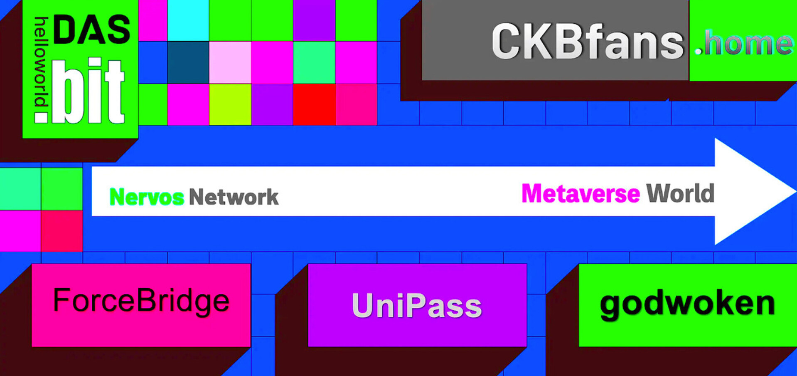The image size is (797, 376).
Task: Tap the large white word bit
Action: (x=88, y=91)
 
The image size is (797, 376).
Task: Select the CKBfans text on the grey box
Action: (x=588, y=42)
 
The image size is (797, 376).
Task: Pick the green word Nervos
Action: (x=146, y=197)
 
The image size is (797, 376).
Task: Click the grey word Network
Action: (x=234, y=197)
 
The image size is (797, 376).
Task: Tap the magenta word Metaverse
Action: (x=581, y=193)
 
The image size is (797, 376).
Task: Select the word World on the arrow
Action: (x=680, y=193)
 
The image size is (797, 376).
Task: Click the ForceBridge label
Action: (x=141, y=302)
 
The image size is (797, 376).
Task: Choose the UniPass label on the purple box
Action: (x=417, y=306)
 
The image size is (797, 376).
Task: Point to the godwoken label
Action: (x=688, y=305)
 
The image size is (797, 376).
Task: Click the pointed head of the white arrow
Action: (x=795, y=191)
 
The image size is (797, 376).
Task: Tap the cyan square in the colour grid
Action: (x=188, y=20)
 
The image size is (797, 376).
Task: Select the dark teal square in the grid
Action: (x=188, y=62)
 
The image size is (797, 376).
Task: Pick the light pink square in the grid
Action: (x=230, y=62)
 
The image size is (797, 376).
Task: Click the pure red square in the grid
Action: (x=314, y=104)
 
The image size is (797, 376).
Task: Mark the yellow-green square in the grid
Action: (x=230, y=104)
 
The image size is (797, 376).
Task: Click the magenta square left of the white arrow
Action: (x=20, y=231)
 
